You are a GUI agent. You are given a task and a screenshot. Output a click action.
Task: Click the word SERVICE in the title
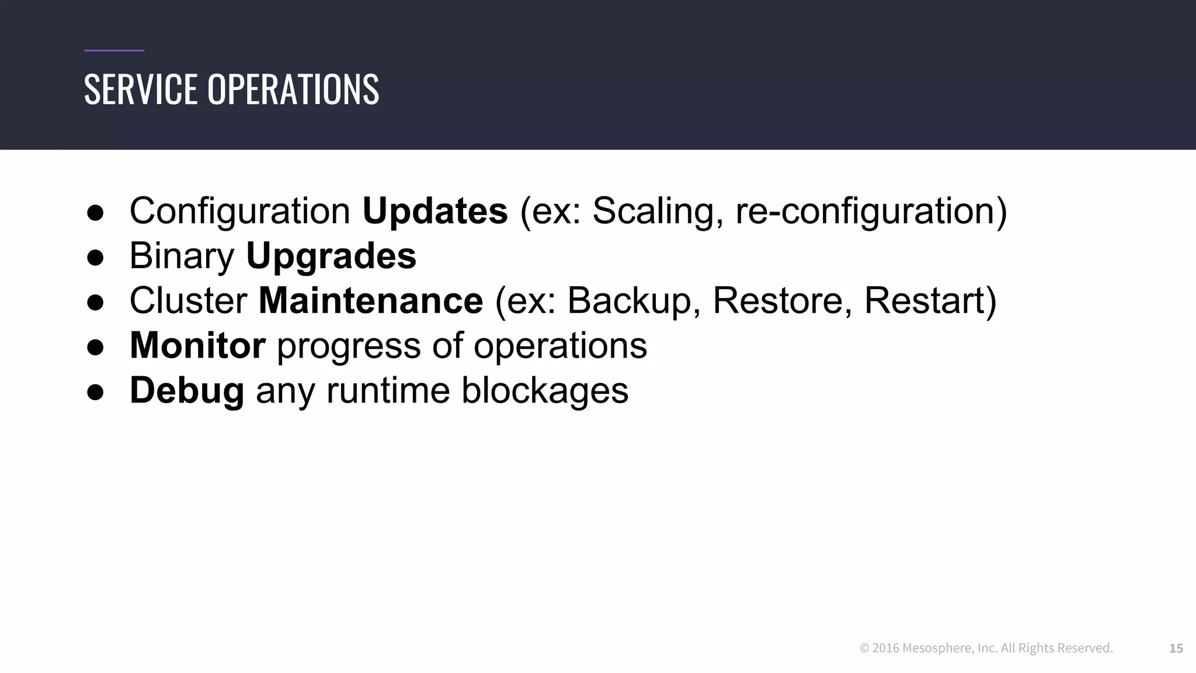[141, 89]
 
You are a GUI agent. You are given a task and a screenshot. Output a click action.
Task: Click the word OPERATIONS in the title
[293, 89]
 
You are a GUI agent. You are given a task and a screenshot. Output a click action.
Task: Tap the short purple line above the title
[114, 51]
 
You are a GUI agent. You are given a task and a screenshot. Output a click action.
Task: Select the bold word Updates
[435, 211]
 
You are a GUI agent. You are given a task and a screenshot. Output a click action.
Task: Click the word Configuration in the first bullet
[239, 211]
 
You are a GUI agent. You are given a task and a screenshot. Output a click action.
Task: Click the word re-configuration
[865, 211]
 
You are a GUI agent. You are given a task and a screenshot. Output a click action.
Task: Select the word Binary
[182, 256]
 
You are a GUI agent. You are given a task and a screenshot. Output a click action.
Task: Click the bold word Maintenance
[370, 301]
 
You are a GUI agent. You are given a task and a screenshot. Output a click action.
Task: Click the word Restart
[924, 301]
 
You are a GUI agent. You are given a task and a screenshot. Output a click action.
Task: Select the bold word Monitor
[197, 345]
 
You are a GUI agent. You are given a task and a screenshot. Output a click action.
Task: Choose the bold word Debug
[186, 391]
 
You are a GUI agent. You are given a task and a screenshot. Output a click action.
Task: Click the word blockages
[544, 391]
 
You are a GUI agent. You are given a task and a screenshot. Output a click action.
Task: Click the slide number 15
[1176, 648]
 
